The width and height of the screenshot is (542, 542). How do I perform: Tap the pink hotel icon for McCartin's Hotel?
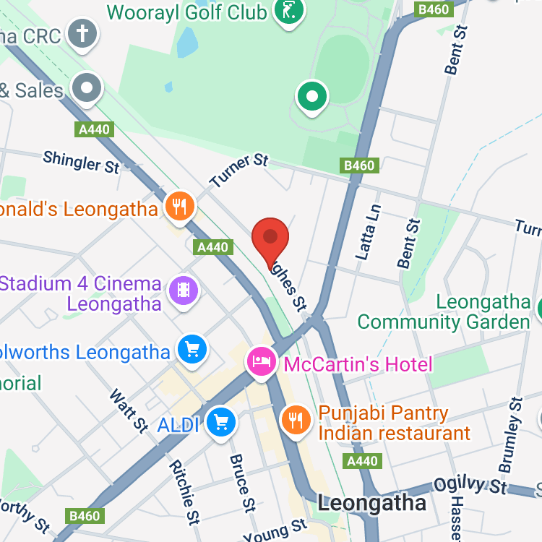[x=261, y=361]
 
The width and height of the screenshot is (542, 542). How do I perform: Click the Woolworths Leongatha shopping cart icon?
[x=192, y=350]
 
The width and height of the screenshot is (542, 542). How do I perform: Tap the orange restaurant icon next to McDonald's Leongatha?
[x=178, y=207]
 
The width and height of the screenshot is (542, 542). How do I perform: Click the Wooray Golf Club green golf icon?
[x=289, y=11]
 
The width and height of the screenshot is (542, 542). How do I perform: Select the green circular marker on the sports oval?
[x=312, y=96]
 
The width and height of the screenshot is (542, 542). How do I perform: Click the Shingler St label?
[x=81, y=162]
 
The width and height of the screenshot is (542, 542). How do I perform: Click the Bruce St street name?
[x=243, y=491]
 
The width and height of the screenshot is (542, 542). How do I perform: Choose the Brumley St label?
[x=510, y=434]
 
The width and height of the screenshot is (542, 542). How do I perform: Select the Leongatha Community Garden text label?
[x=444, y=311]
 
